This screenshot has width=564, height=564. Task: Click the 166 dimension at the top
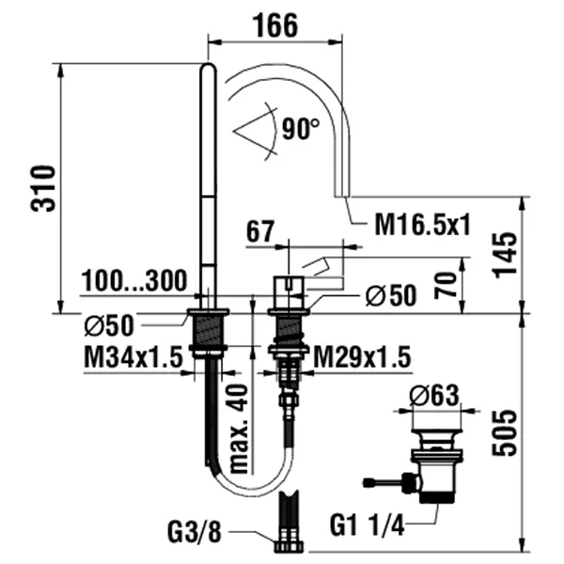coord(275,25)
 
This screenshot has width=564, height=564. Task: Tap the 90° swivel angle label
coord(300,131)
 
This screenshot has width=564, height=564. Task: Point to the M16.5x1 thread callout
coord(422,226)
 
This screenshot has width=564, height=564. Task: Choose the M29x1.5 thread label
coord(363,358)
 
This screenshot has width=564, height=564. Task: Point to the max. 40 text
coord(238,428)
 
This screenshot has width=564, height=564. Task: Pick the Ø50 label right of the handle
coord(389,295)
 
